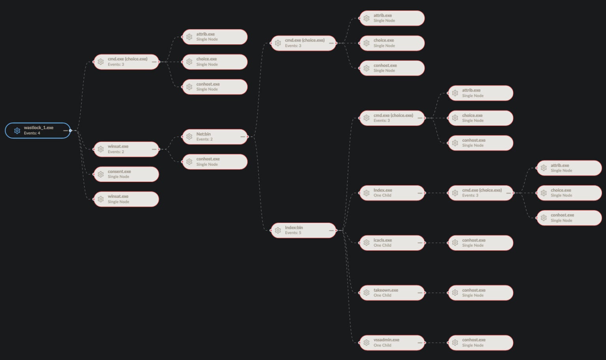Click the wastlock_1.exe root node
point(38,131)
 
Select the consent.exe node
point(126,174)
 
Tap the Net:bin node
point(215,137)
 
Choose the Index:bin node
point(303,231)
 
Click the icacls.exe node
point(392,243)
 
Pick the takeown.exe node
point(392,292)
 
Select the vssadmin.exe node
point(392,343)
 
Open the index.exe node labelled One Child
point(392,193)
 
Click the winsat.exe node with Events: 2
point(126,149)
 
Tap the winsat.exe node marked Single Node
point(126,199)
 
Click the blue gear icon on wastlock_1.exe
point(17,131)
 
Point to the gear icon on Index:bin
point(278,231)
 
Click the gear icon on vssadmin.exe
point(366,343)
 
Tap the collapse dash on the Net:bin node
point(243,137)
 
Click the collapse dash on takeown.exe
point(420,292)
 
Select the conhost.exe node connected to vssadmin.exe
point(481,343)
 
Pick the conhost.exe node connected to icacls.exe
point(481,243)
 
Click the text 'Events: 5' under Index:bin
point(293,233)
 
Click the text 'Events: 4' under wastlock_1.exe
point(32,133)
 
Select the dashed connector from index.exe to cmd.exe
point(437,193)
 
